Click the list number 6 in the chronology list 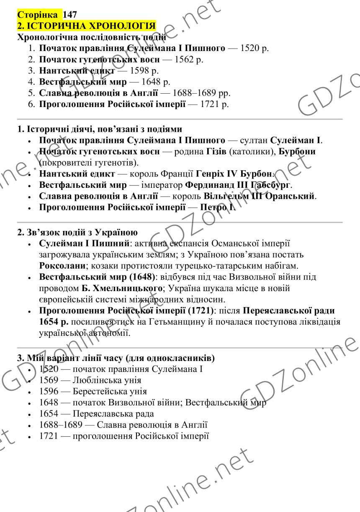click(31, 103)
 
